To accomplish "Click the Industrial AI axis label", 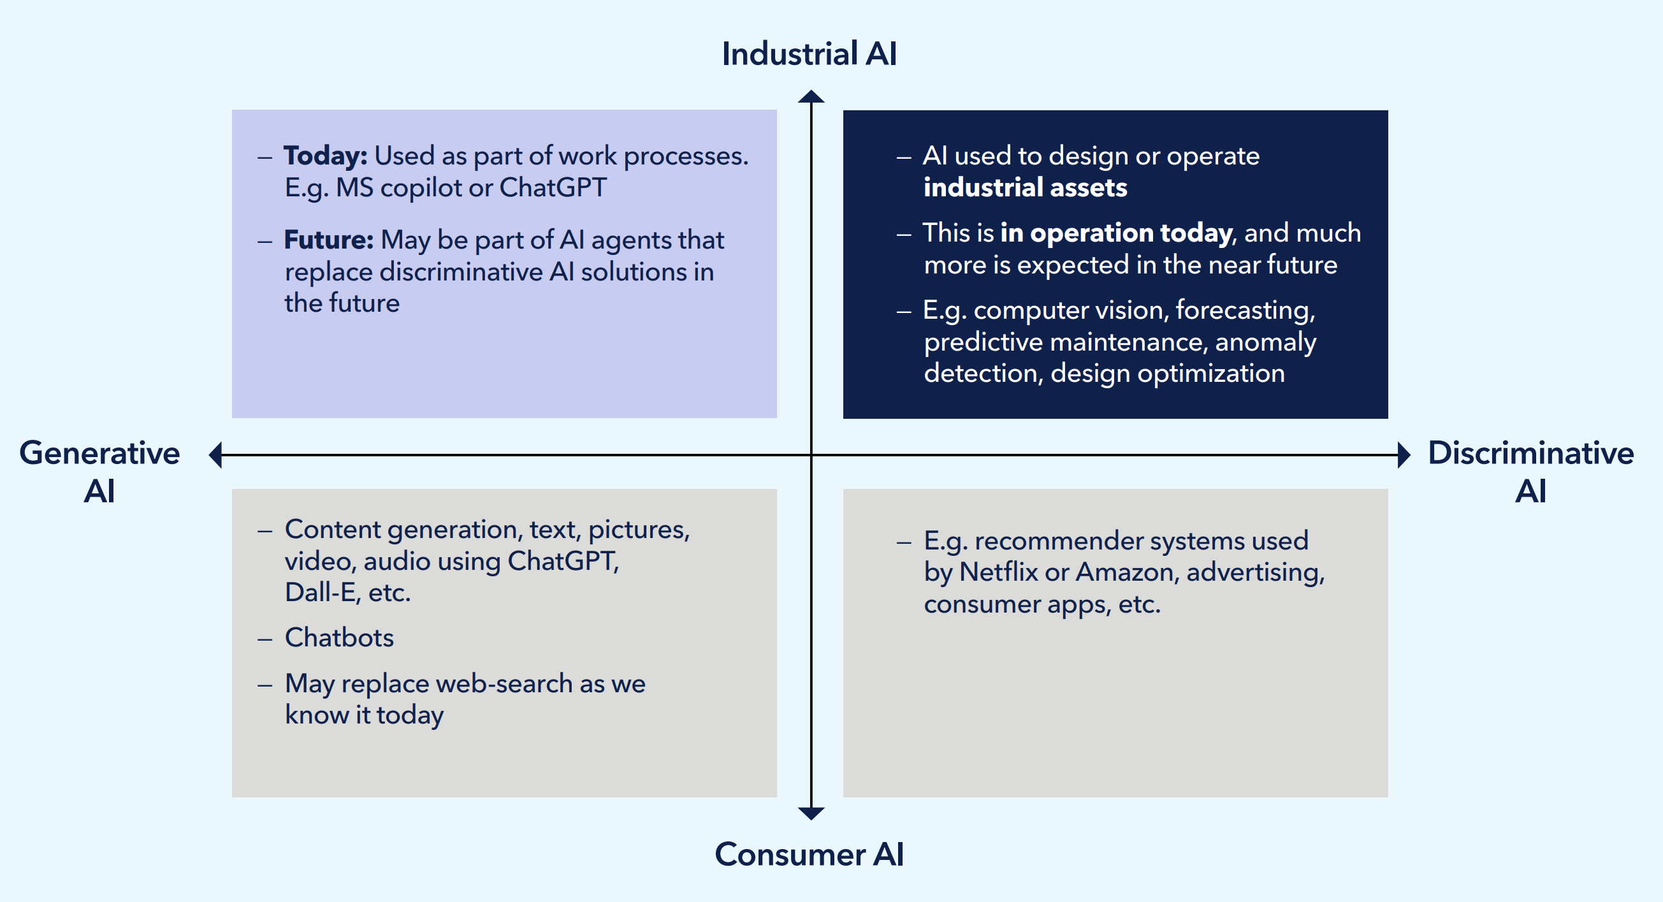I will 809,54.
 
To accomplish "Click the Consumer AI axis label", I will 809,854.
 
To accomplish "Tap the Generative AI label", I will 99,471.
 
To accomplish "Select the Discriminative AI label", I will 1530,471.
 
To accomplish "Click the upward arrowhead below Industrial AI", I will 811,97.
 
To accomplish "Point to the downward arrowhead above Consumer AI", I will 811,813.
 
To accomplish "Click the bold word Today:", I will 325,156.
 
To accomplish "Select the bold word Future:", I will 329,240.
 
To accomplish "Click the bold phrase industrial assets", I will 1025,187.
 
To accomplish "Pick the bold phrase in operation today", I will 1116,233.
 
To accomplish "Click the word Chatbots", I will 339,637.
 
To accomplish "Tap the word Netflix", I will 998,572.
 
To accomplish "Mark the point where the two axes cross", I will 811,455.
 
